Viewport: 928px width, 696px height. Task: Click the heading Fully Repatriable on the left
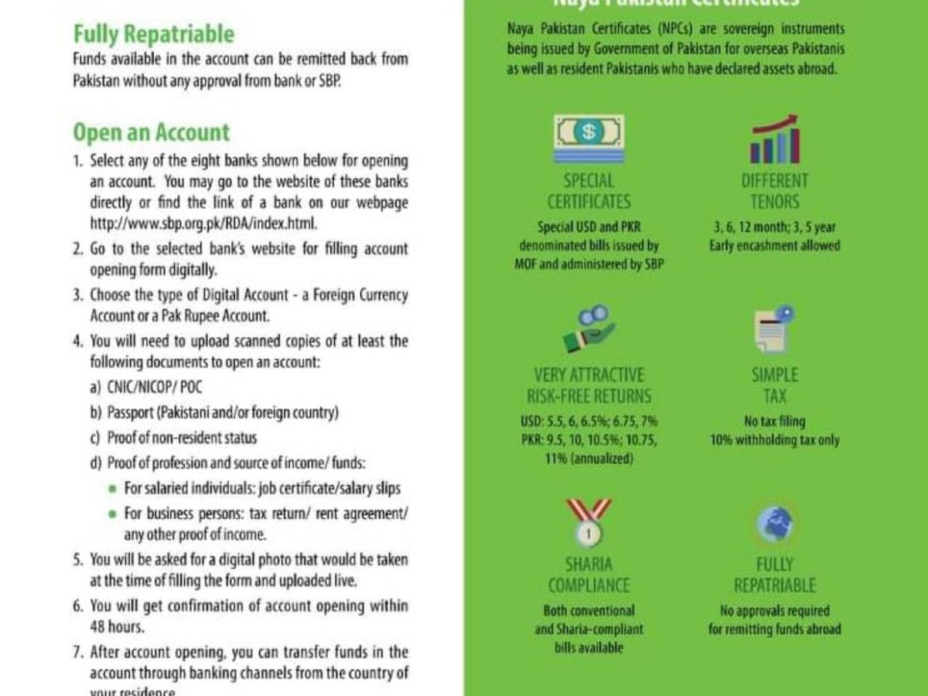click(x=153, y=34)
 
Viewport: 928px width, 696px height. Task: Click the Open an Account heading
click(x=151, y=132)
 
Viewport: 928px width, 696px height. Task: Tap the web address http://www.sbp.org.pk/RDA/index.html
click(x=204, y=223)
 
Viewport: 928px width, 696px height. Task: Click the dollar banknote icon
click(x=589, y=139)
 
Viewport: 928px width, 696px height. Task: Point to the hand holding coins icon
click(x=589, y=329)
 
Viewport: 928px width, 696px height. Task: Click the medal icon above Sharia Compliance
click(x=589, y=522)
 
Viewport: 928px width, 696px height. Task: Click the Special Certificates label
click(x=589, y=192)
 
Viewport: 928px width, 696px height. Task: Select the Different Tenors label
click(x=774, y=192)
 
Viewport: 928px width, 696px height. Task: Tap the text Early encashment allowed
click(x=774, y=246)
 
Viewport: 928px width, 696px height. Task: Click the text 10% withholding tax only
click(x=774, y=440)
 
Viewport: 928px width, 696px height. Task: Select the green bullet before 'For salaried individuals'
click(x=113, y=489)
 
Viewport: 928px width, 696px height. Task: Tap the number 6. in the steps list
click(x=77, y=606)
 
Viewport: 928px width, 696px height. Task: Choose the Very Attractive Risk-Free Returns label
click(x=589, y=386)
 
